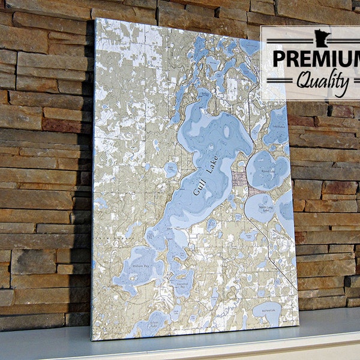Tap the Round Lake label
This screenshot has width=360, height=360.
(x=268, y=170)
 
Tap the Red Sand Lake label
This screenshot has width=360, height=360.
(x=267, y=311)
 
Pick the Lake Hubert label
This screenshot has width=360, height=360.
(x=278, y=127)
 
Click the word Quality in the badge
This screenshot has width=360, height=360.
(x=317, y=79)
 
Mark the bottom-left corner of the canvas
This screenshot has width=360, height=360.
(x=91, y=340)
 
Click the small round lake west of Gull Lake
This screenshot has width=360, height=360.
(x=172, y=169)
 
